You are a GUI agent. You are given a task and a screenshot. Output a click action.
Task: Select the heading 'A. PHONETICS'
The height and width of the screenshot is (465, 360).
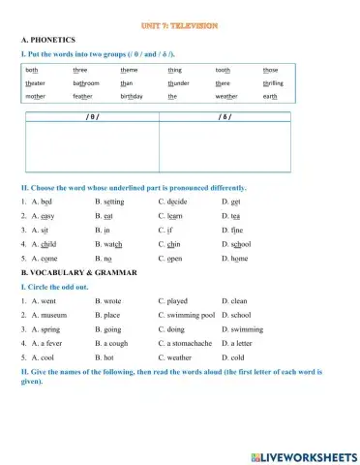click(48, 39)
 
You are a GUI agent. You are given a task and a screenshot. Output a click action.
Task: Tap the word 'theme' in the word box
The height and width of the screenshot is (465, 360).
click(129, 70)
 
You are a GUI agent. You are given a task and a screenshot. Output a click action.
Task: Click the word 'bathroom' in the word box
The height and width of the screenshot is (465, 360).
click(86, 83)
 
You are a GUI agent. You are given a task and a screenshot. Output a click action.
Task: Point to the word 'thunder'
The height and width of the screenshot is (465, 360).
click(178, 83)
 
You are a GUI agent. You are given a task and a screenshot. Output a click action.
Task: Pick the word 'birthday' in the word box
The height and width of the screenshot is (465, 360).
click(132, 97)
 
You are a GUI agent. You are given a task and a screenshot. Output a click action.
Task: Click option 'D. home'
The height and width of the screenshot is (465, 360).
click(234, 260)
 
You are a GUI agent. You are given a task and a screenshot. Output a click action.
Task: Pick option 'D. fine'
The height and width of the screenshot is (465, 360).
click(233, 231)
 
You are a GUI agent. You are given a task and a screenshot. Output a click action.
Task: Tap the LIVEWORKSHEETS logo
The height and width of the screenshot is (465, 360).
click(302, 455)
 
